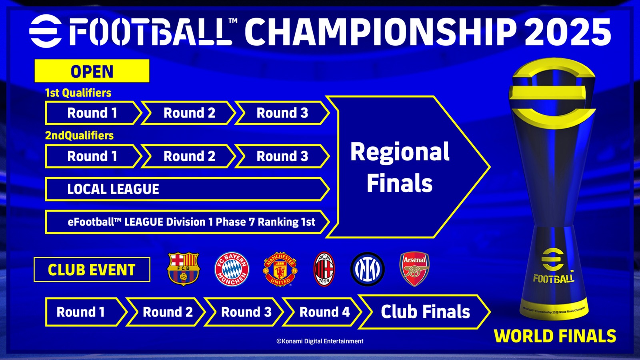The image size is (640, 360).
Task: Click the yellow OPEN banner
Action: pyautogui.click(x=92, y=71)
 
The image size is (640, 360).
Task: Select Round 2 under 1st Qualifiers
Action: pyautogui.click(x=188, y=113)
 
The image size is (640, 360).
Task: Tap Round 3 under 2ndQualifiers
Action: pyautogui.click(x=282, y=156)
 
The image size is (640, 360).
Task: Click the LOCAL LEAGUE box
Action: pyautogui.click(x=188, y=189)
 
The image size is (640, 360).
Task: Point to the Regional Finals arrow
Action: pyautogui.click(x=408, y=167)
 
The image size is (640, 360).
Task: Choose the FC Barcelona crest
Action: pyautogui.click(x=183, y=269)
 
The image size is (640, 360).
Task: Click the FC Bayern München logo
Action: pyautogui.click(x=232, y=269)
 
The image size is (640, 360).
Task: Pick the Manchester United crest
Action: pyautogui.click(x=280, y=269)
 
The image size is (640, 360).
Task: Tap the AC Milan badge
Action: pyautogui.click(x=324, y=269)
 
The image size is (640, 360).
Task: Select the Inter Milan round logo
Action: pyautogui.click(x=368, y=269)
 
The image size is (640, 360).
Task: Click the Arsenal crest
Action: pyautogui.click(x=414, y=269)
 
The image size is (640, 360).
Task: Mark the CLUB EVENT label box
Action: pyautogui.click(x=92, y=270)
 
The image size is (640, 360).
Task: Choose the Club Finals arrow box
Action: pyautogui.click(x=424, y=312)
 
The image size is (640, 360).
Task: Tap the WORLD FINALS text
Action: pyautogui.click(x=555, y=336)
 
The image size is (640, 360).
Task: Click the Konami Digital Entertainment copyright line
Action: pyautogui.click(x=320, y=341)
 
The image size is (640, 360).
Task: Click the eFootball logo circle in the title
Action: pyautogui.click(x=46, y=31)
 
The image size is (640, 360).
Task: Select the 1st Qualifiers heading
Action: pyautogui.click(x=78, y=93)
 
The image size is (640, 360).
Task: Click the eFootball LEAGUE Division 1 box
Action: pyautogui.click(x=188, y=222)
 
